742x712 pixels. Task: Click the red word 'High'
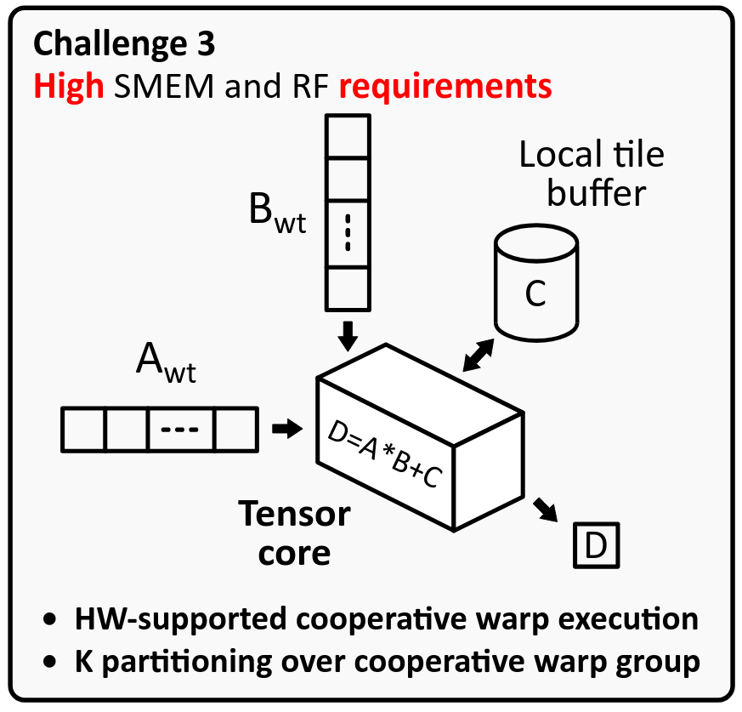69,87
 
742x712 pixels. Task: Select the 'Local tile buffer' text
592,174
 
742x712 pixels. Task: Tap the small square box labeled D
597,546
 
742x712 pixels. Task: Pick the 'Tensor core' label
294,533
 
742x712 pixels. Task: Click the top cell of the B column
348,135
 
